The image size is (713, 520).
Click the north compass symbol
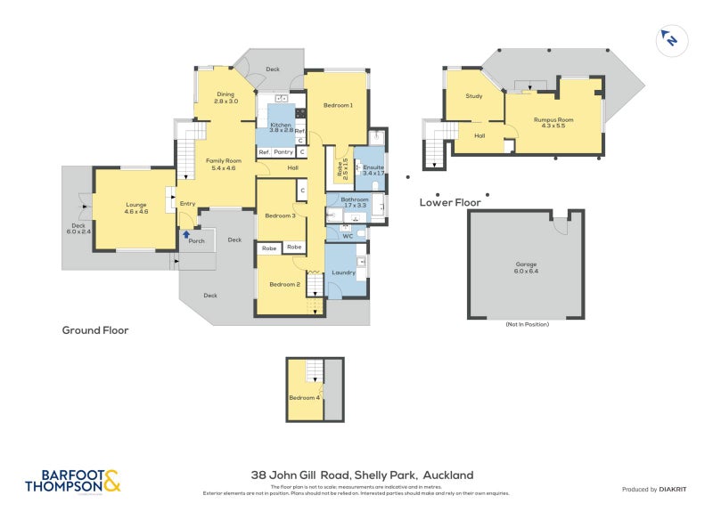coord(668,39)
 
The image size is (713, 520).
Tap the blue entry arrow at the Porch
coord(185,234)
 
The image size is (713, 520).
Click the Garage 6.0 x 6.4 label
coord(526,268)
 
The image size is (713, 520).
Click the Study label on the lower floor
coord(473,96)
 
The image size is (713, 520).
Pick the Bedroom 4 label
coord(305,397)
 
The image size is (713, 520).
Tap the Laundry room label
coord(344,272)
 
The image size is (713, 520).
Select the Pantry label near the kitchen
coord(283,152)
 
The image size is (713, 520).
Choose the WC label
coord(348,236)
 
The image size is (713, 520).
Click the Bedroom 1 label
coord(338,105)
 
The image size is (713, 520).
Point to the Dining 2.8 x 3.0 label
coord(225,98)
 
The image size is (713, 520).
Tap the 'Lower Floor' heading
coord(450,203)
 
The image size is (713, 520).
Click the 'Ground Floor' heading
coord(95,330)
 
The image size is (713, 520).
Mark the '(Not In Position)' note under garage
coord(526,324)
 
